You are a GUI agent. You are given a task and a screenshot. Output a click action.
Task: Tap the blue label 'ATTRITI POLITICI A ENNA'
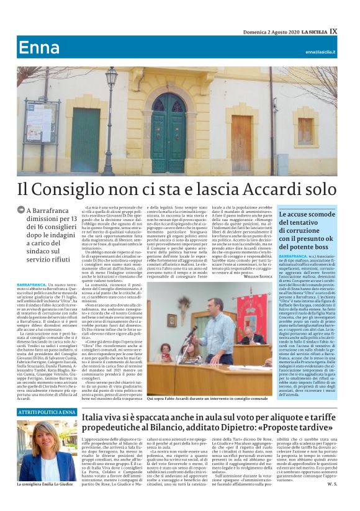pyautogui.click(x=47, y=412)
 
